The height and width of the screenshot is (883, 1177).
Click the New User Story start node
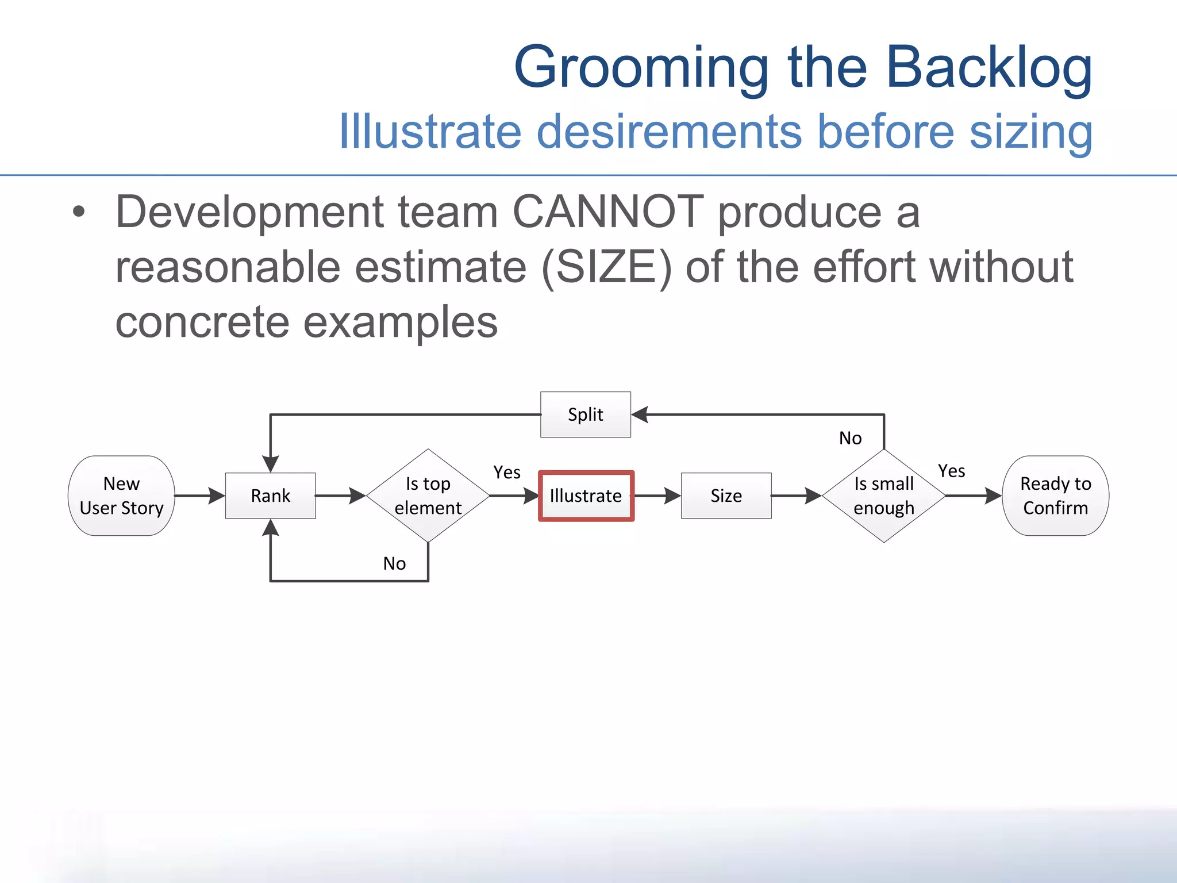coord(121,496)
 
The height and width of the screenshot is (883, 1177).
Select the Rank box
coord(270,496)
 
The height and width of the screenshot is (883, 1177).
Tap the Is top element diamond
coord(428,496)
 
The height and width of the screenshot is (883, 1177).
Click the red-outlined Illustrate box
coord(586,496)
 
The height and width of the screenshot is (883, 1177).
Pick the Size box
coord(726,496)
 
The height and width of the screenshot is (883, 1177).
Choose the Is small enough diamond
coord(883,496)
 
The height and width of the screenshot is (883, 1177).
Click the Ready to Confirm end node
coord(1055,496)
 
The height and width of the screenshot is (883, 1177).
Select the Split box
coord(585,414)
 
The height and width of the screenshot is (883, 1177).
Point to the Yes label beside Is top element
coord(506,473)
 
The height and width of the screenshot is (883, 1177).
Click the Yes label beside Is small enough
coord(951,471)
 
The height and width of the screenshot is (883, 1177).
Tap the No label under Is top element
coord(394,563)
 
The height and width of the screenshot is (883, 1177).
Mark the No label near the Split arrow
coord(850,438)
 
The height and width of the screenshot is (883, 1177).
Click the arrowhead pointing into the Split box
coord(640,414)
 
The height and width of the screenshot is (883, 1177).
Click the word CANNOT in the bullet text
coord(607,212)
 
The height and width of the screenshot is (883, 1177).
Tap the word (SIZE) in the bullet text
coord(606,267)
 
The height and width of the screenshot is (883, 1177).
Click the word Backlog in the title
coord(988,68)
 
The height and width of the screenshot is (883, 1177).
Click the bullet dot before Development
coord(79,212)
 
